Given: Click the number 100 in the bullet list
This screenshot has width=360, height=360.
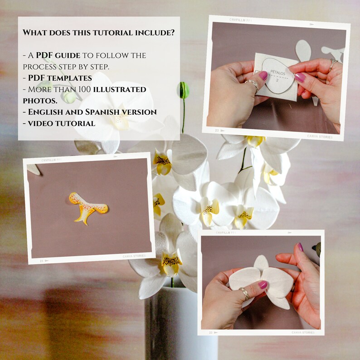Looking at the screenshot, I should pos(82,89).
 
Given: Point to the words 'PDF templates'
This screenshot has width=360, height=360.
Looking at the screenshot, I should pos(60,78).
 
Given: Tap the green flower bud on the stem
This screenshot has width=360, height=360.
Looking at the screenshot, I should pos(183,90).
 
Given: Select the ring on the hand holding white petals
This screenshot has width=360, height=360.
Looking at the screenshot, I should pos(244,293).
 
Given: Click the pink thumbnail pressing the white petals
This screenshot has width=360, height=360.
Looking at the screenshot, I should pos(263,285).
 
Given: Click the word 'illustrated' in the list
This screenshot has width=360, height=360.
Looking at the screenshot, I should pos(120,89).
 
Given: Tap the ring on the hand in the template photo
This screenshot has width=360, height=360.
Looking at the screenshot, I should pos(253,84).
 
